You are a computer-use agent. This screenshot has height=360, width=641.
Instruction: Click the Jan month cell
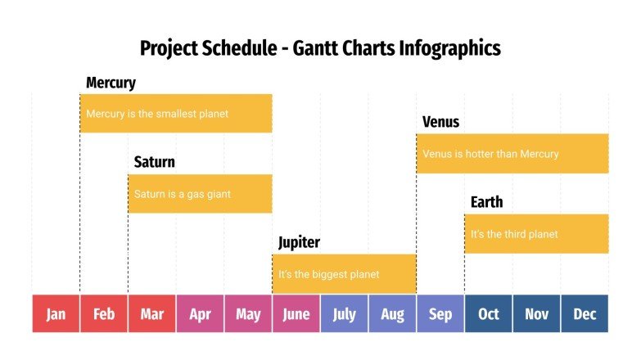[x=56, y=314]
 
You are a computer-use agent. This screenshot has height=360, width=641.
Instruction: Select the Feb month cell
[x=104, y=314]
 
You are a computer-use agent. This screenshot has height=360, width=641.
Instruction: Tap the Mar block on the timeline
[x=151, y=314]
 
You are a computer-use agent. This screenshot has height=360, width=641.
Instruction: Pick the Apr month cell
[x=200, y=314]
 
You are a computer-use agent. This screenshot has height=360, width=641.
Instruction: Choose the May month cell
[x=248, y=314]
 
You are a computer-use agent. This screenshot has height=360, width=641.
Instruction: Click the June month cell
[x=296, y=314]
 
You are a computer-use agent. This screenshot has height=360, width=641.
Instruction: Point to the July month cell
[x=344, y=314]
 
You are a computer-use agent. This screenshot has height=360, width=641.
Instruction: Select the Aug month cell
[x=392, y=314]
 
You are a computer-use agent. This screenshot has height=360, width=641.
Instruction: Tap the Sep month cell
[x=440, y=314]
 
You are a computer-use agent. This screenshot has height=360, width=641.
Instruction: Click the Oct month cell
[x=489, y=314]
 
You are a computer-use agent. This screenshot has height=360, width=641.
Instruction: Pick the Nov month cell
[x=536, y=314]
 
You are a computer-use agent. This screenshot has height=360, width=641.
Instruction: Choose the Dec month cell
[x=585, y=314]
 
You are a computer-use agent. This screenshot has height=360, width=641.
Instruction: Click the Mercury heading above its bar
[x=111, y=83]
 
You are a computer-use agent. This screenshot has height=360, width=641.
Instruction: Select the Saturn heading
[x=154, y=162]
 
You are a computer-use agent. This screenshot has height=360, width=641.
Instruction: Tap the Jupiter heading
[x=299, y=242]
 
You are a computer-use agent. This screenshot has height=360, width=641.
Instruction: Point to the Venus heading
[x=440, y=122]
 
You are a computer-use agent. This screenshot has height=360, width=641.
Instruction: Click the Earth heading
[x=486, y=202]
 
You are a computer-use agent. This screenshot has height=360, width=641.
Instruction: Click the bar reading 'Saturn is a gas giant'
[x=200, y=194]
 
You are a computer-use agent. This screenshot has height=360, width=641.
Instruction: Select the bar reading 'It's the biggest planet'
[x=344, y=274]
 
